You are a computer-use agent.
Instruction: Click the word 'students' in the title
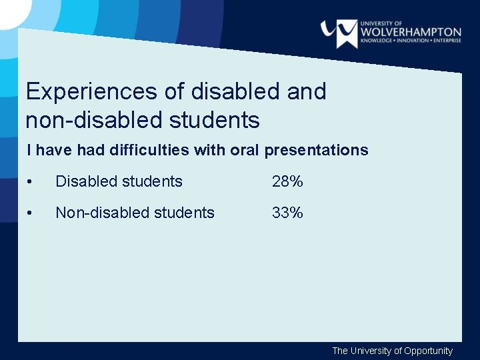(x=213, y=121)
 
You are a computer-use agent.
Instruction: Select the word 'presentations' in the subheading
(x=316, y=151)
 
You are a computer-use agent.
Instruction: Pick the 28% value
(x=287, y=181)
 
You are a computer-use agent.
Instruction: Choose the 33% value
(x=287, y=213)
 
